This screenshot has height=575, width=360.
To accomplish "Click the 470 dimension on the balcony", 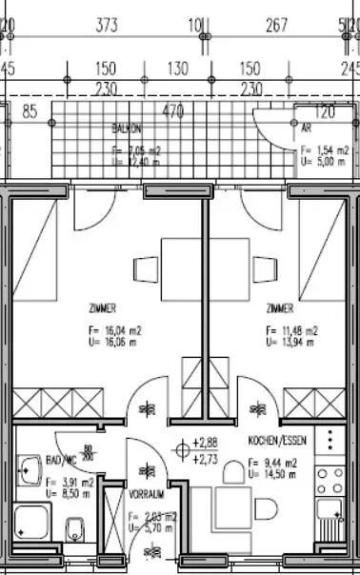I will (x=171, y=111).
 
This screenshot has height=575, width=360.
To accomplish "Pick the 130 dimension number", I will (x=178, y=69).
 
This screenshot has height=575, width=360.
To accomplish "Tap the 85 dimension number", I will (x=30, y=111).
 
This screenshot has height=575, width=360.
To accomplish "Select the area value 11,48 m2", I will (x=293, y=331).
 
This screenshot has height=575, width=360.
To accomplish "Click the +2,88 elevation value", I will (x=206, y=443).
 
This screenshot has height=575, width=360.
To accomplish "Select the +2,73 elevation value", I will (x=206, y=458).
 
